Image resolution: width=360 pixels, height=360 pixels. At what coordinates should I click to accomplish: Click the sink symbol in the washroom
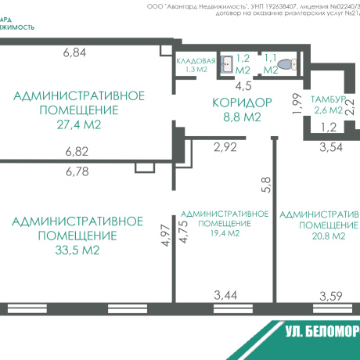(x=226, y=63)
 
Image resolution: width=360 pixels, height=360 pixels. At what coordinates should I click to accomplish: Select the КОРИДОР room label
(x=242, y=102)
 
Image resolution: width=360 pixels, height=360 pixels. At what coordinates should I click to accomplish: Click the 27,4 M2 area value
(x=79, y=124)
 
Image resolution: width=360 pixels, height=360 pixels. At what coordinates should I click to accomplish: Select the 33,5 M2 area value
(x=77, y=250)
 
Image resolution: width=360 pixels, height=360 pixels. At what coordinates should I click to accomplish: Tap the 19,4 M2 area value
(x=225, y=233)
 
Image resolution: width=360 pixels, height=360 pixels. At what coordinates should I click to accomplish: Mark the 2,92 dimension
(x=225, y=146)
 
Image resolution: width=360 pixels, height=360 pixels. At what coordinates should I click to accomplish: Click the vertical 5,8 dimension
(x=266, y=184)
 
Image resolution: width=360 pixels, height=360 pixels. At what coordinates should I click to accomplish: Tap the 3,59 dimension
(x=331, y=295)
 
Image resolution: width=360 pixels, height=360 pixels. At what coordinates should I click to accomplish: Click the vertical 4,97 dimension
(x=164, y=236)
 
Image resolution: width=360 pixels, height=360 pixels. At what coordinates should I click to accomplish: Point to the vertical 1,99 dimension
(x=297, y=104)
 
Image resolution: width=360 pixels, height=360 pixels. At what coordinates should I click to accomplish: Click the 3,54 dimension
(x=332, y=146)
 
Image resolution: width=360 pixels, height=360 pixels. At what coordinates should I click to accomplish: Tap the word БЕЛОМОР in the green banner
(x=329, y=332)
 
